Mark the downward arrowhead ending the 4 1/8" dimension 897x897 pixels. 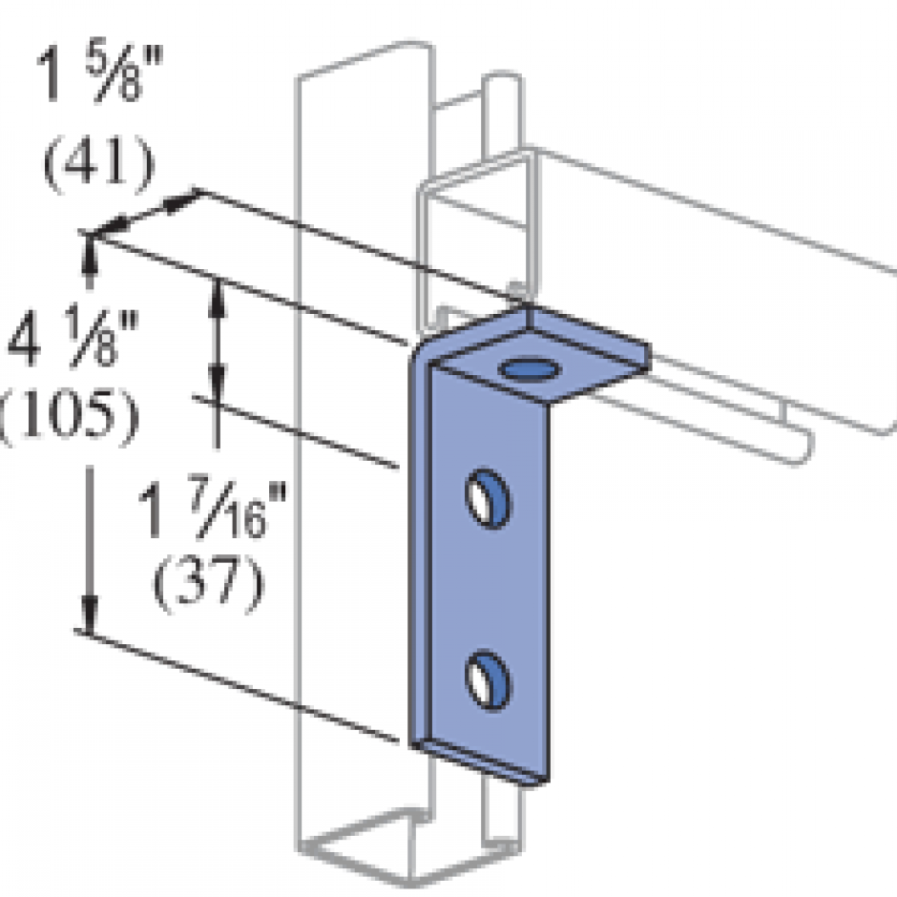click(x=89, y=620)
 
